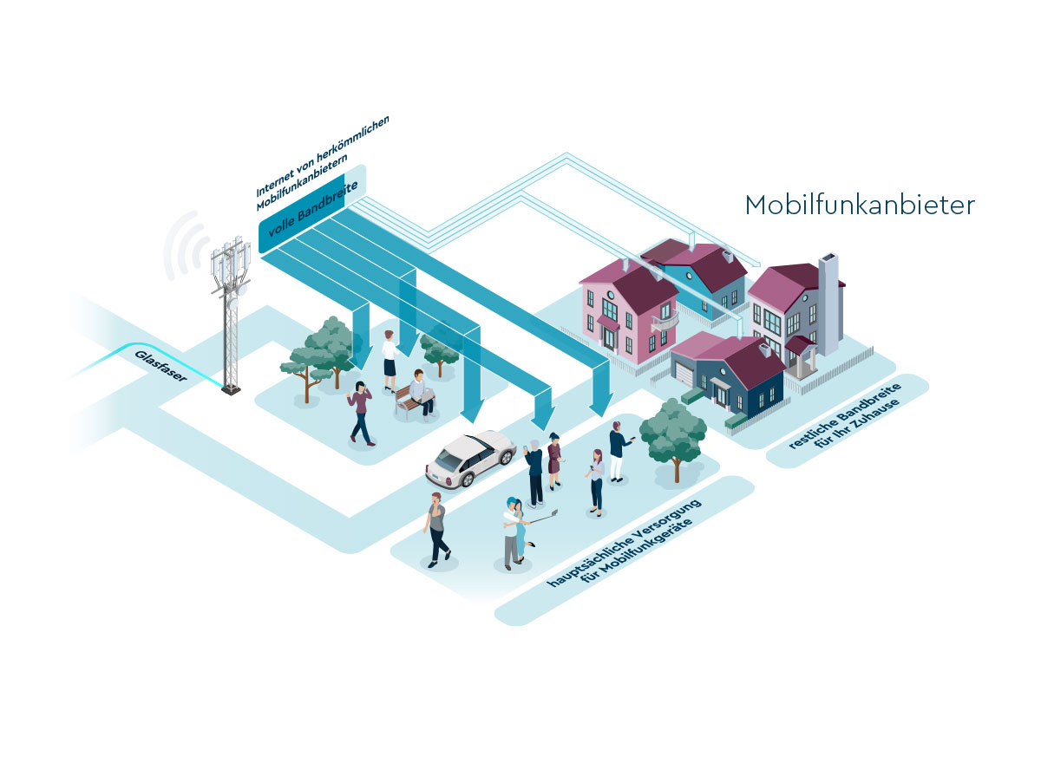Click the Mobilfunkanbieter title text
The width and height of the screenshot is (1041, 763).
pos(860,205)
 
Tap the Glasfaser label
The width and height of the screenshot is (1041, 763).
pos(160,367)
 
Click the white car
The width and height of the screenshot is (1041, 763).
pos(470,459)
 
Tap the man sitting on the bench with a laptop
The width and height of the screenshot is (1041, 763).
pos(422,393)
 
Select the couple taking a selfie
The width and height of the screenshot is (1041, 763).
pos(517,533)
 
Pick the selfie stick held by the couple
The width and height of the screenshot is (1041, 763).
pos(544,518)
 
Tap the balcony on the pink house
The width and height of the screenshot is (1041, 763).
pos(665,321)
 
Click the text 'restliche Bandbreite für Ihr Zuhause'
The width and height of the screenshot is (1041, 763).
pos(846,416)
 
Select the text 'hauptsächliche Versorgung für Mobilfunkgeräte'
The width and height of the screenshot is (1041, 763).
pos(625,544)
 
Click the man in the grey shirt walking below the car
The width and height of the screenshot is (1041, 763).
pos(435,530)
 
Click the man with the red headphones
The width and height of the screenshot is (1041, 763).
pos(618,452)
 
